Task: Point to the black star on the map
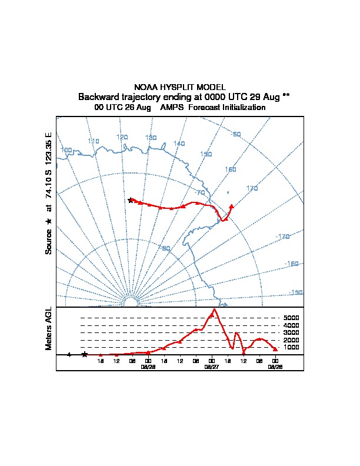pos(131,201)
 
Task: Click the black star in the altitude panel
pos(85,354)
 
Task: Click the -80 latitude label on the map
pos(165,248)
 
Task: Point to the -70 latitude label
pos(200,192)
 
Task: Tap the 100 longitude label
pos(66,150)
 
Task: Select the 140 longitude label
pos(179,144)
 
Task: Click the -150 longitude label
pos(296,292)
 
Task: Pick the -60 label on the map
pos(236,135)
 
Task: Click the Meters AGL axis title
pos(49,328)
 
